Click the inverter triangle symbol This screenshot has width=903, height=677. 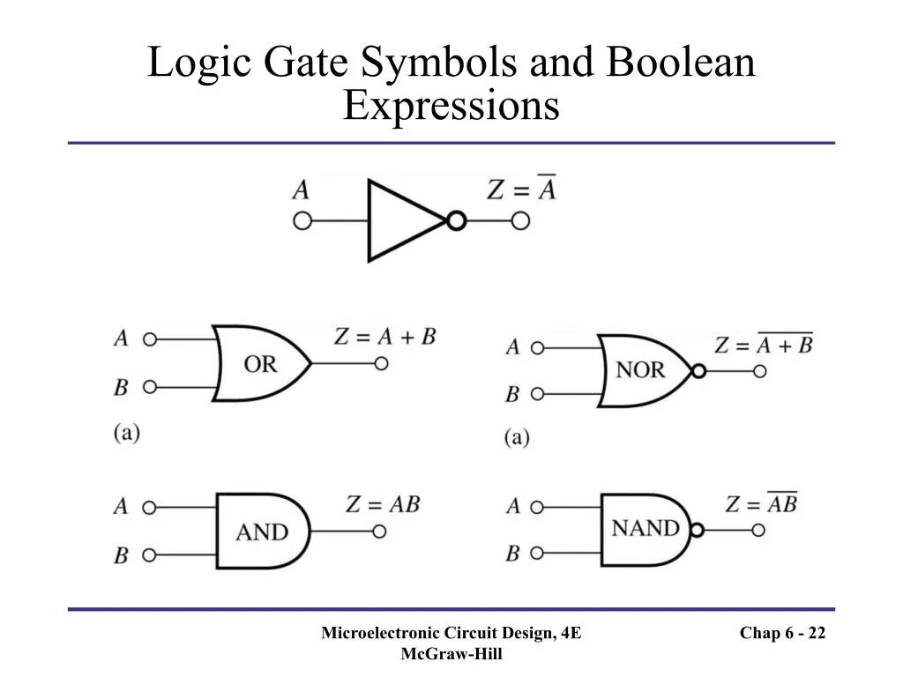coord(401,220)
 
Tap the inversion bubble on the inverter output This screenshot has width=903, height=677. coord(456,220)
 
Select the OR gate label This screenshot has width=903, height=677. coord(260,364)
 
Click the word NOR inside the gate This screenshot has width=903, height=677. coord(640,370)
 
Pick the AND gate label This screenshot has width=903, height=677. coord(262,532)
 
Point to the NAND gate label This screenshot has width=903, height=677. coord(646,529)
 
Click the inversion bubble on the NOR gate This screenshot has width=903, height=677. coord(699,371)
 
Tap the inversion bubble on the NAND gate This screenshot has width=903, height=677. coord(698,531)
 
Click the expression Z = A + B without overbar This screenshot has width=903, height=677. coord(385,336)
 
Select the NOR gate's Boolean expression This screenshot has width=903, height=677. coord(764,345)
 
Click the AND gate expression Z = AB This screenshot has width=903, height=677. coord(382,504)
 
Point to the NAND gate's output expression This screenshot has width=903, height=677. coord(761,503)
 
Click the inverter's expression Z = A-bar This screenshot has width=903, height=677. coord(522,189)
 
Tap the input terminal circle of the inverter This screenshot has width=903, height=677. coord(302,220)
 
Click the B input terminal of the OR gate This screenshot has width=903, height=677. coord(150,387)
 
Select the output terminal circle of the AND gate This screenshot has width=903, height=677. coord(380,532)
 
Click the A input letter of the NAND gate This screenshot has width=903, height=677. coord(513,506)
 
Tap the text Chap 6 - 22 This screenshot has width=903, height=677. coord(782,633)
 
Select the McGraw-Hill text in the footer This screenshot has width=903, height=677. coord(451,653)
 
